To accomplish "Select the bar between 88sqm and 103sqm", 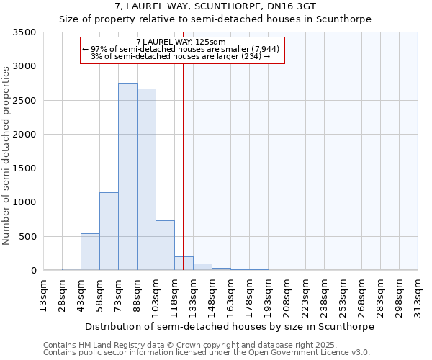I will (146, 179).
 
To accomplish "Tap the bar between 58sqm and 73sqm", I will (109, 231).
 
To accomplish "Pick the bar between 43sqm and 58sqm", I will (90, 252).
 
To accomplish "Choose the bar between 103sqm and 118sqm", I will (165, 246).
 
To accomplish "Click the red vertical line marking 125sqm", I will (184, 166).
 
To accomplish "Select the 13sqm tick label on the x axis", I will (43, 295).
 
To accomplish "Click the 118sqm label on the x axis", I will (174, 295).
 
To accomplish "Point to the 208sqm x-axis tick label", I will (287, 295).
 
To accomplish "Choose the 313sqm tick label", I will (418, 295).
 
